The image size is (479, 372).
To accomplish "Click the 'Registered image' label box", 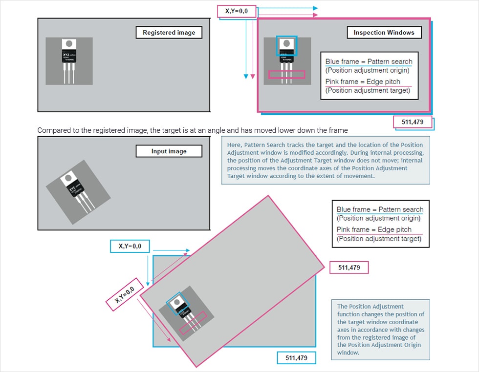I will pyautogui.click(x=169, y=33).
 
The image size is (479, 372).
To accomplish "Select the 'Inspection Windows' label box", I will pyautogui.click(x=384, y=33).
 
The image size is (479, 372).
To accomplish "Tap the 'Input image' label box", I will pyautogui.click(x=169, y=151).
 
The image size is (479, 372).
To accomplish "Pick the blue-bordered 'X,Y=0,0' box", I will pyautogui.click(x=130, y=247).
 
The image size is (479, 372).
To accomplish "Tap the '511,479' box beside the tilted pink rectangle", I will pyautogui.click(x=349, y=268).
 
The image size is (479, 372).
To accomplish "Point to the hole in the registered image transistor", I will pyautogui.click(x=68, y=43).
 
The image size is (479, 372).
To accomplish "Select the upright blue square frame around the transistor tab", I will pyautogui.click(x=286, y=46).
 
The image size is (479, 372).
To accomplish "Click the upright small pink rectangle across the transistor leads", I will pyautogui.click(x=286, y=75).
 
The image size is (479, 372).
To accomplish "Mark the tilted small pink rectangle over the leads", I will pyautogui.click(x=193, y=323).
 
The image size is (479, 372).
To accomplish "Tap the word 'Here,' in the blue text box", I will pyautogui.click(x=234, y=145).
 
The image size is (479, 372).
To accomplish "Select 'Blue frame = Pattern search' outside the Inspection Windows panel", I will pyautogui.click(x=380, y=209).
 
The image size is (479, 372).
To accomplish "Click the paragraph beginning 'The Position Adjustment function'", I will pyautogui.click(x=380, y=330).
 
